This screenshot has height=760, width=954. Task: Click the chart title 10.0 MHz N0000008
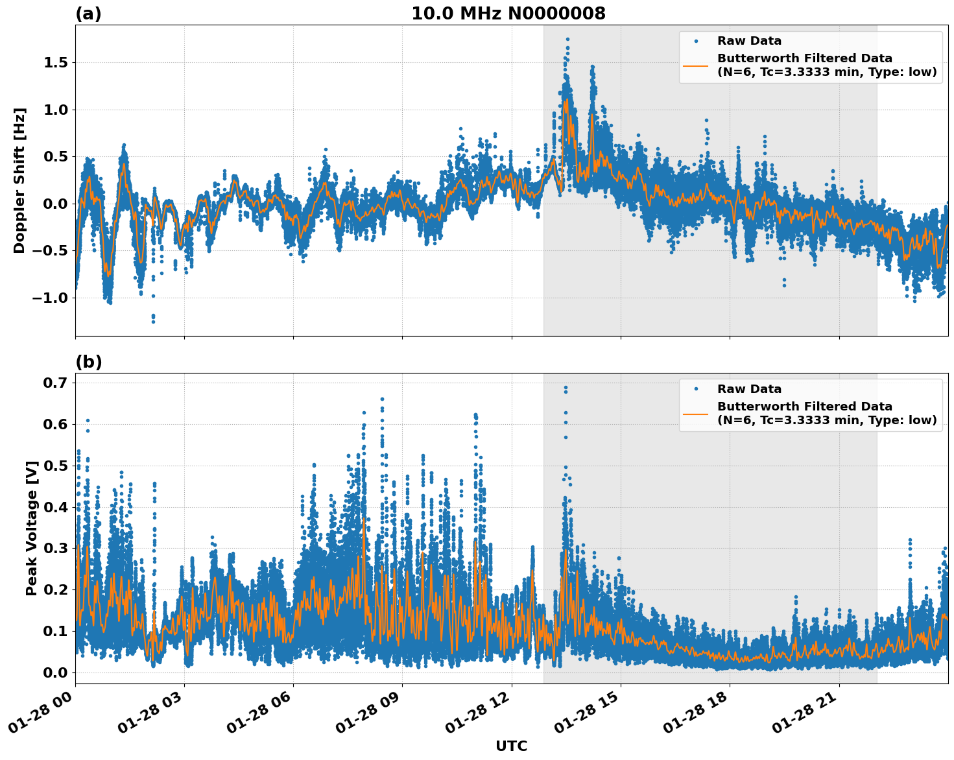508,14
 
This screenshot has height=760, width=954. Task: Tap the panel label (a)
88,14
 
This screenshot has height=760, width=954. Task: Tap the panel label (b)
88,362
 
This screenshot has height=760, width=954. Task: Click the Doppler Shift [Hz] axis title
19,180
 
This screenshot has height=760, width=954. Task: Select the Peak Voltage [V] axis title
31,528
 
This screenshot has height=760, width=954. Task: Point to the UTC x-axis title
511,746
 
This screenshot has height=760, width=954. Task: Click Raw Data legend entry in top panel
749,41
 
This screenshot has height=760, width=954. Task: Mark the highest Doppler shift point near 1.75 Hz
567,40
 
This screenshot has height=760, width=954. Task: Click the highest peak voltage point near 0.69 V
566,388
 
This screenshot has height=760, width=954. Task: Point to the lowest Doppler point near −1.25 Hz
153,321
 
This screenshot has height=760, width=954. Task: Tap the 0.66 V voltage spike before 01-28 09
382,399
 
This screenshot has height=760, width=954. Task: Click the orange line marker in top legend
696,65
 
